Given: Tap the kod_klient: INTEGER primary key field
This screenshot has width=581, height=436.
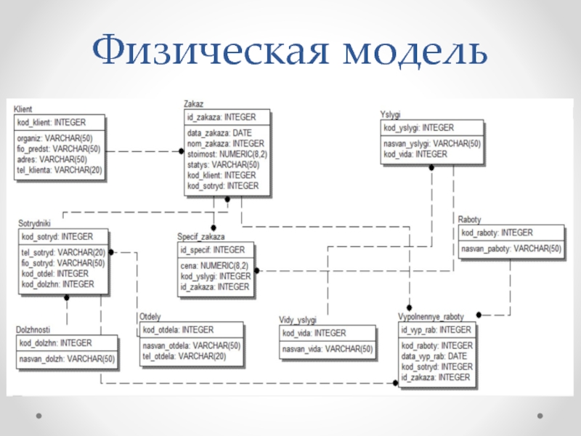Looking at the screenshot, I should click(x=51, y=122).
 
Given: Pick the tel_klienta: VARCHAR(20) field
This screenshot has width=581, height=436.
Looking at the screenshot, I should click(x=59, y=170).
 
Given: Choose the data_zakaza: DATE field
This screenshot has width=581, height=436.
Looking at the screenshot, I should click(x=219, y=134).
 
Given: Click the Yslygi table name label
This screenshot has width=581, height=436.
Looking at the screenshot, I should click(x=391, y=115).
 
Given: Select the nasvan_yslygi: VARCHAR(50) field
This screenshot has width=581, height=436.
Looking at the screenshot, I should click(x=431, y=144).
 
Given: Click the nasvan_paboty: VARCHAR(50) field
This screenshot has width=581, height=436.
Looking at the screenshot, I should click(x=511, y=249).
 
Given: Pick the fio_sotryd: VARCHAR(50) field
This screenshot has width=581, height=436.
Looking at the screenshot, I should click(x=63, y=263).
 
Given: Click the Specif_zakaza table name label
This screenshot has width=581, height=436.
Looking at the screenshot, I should click(x=201, y=237).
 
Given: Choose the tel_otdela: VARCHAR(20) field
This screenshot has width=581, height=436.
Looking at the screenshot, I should click(x=184, y=356).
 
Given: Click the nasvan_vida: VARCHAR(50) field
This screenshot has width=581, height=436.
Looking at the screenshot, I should click(x=327, y=350).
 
